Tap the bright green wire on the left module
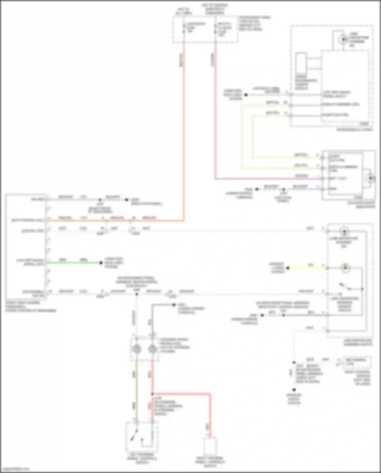point(74,263)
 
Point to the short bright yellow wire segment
point(307,268)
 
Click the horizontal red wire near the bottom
point(182,394)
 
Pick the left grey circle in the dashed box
point(137,349)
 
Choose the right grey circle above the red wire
point(152,349)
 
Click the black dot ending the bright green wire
point(101,263)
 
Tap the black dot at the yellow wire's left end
point(288,268)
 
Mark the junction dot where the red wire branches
point(152,394)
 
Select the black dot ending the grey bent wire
point(174,304)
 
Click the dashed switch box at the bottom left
point(142,436)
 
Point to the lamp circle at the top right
point(343,39)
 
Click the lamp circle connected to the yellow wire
point(345,268)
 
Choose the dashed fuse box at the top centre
point(205,29)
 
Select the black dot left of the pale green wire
point(246,95)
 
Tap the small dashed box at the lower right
point(357,362)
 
